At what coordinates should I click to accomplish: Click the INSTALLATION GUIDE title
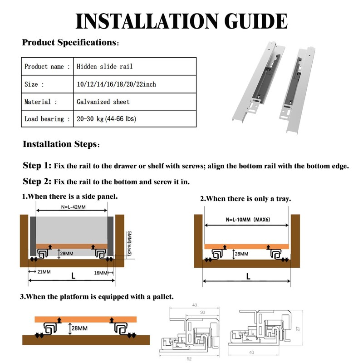(181, 21)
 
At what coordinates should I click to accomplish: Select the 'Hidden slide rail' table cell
(104, 67)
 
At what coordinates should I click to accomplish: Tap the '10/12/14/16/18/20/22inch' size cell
(117, 84)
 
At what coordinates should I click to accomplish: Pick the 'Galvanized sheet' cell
(103, 102)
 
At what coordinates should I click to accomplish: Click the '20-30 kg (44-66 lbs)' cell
(107, 119)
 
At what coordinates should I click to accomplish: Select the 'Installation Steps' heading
(59, 145)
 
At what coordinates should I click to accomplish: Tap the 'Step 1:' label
(37, 166)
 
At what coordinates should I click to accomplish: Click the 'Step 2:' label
(37, 181)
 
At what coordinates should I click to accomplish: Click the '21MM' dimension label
(43, 272)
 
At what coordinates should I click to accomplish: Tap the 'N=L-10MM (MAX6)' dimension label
(247, 219)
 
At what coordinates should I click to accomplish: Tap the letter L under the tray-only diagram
(247, 276)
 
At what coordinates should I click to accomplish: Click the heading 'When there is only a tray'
(245, 199)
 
